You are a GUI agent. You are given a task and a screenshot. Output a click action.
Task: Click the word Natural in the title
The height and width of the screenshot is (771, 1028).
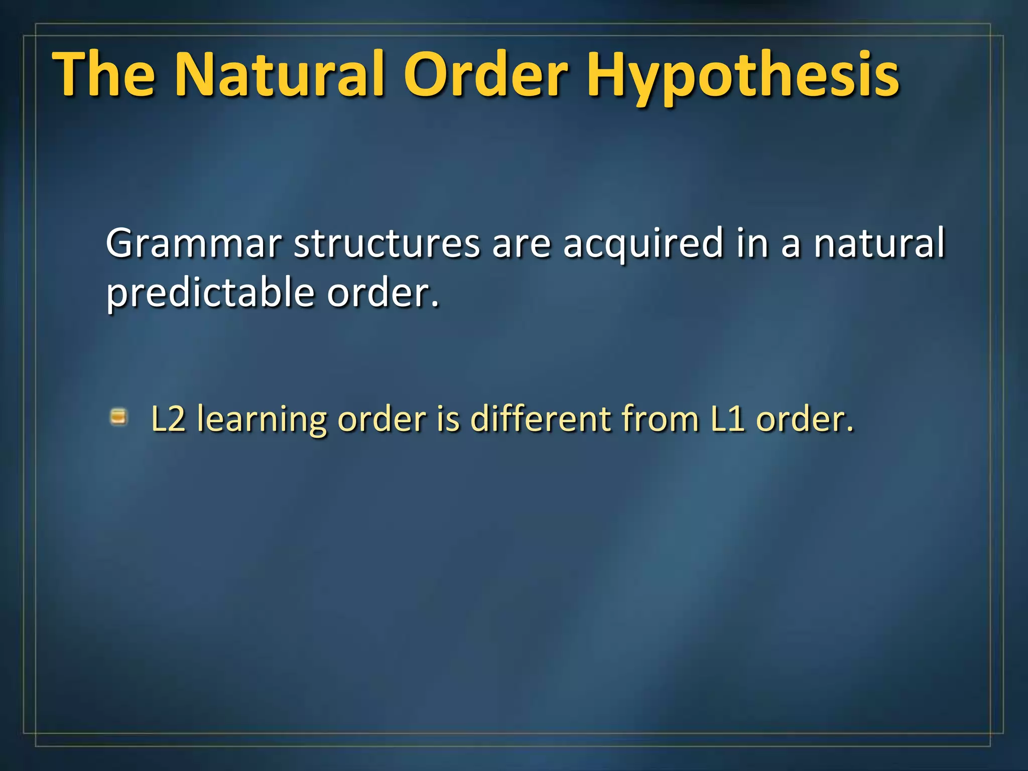(x=280, y=74)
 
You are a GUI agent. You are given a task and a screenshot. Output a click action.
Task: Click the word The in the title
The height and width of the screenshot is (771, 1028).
(x=104, y=74)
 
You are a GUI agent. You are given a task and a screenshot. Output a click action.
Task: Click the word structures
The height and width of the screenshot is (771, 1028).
(x=387, y=243)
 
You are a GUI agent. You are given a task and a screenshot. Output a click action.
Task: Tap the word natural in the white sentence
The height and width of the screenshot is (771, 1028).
(x=879, y=243)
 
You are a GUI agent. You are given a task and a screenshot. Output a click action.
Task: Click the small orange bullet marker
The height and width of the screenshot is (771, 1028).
(x=119, y=417)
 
